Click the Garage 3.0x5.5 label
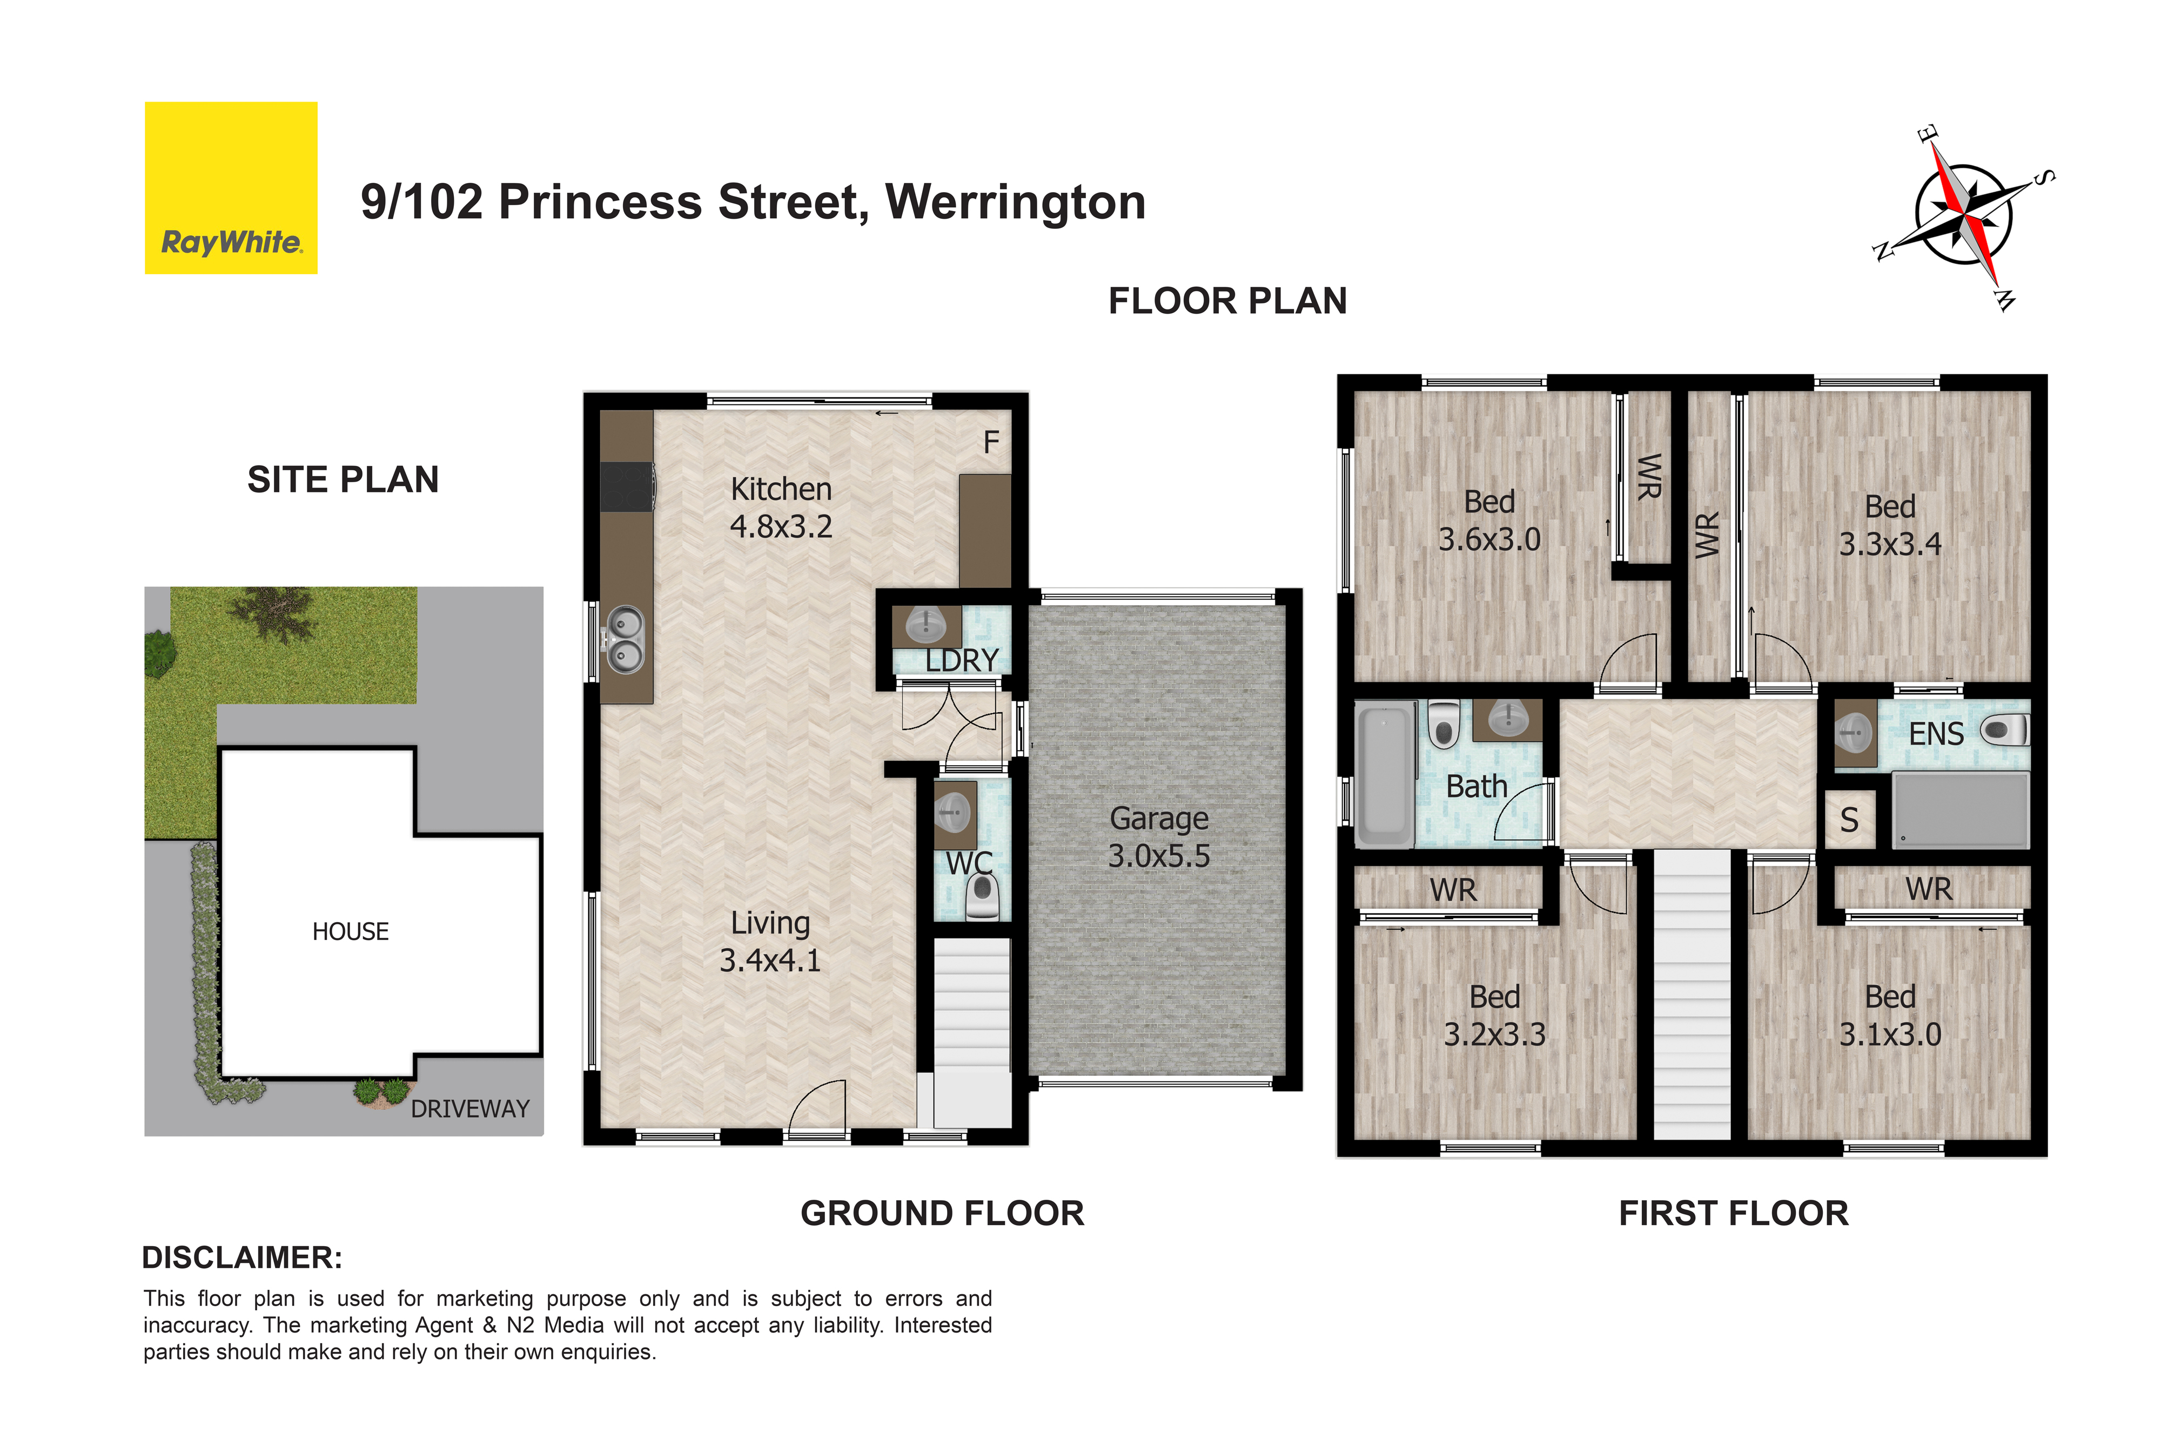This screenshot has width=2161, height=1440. pos(1159,837)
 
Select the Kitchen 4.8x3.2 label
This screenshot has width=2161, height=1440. pos(781,507)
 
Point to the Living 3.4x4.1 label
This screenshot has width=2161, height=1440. pos(770,941)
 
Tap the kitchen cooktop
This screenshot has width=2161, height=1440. pos(628,486)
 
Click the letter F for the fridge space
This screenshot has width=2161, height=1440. pos(990,443)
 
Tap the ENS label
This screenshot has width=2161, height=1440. pos(1936,734)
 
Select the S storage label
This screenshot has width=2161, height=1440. pos(1849,819)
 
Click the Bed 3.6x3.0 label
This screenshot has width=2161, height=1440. pos(1489,520)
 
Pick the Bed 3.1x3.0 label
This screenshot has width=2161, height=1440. pos(1890,1015)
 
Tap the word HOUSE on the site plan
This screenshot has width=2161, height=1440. pos(350,931)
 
